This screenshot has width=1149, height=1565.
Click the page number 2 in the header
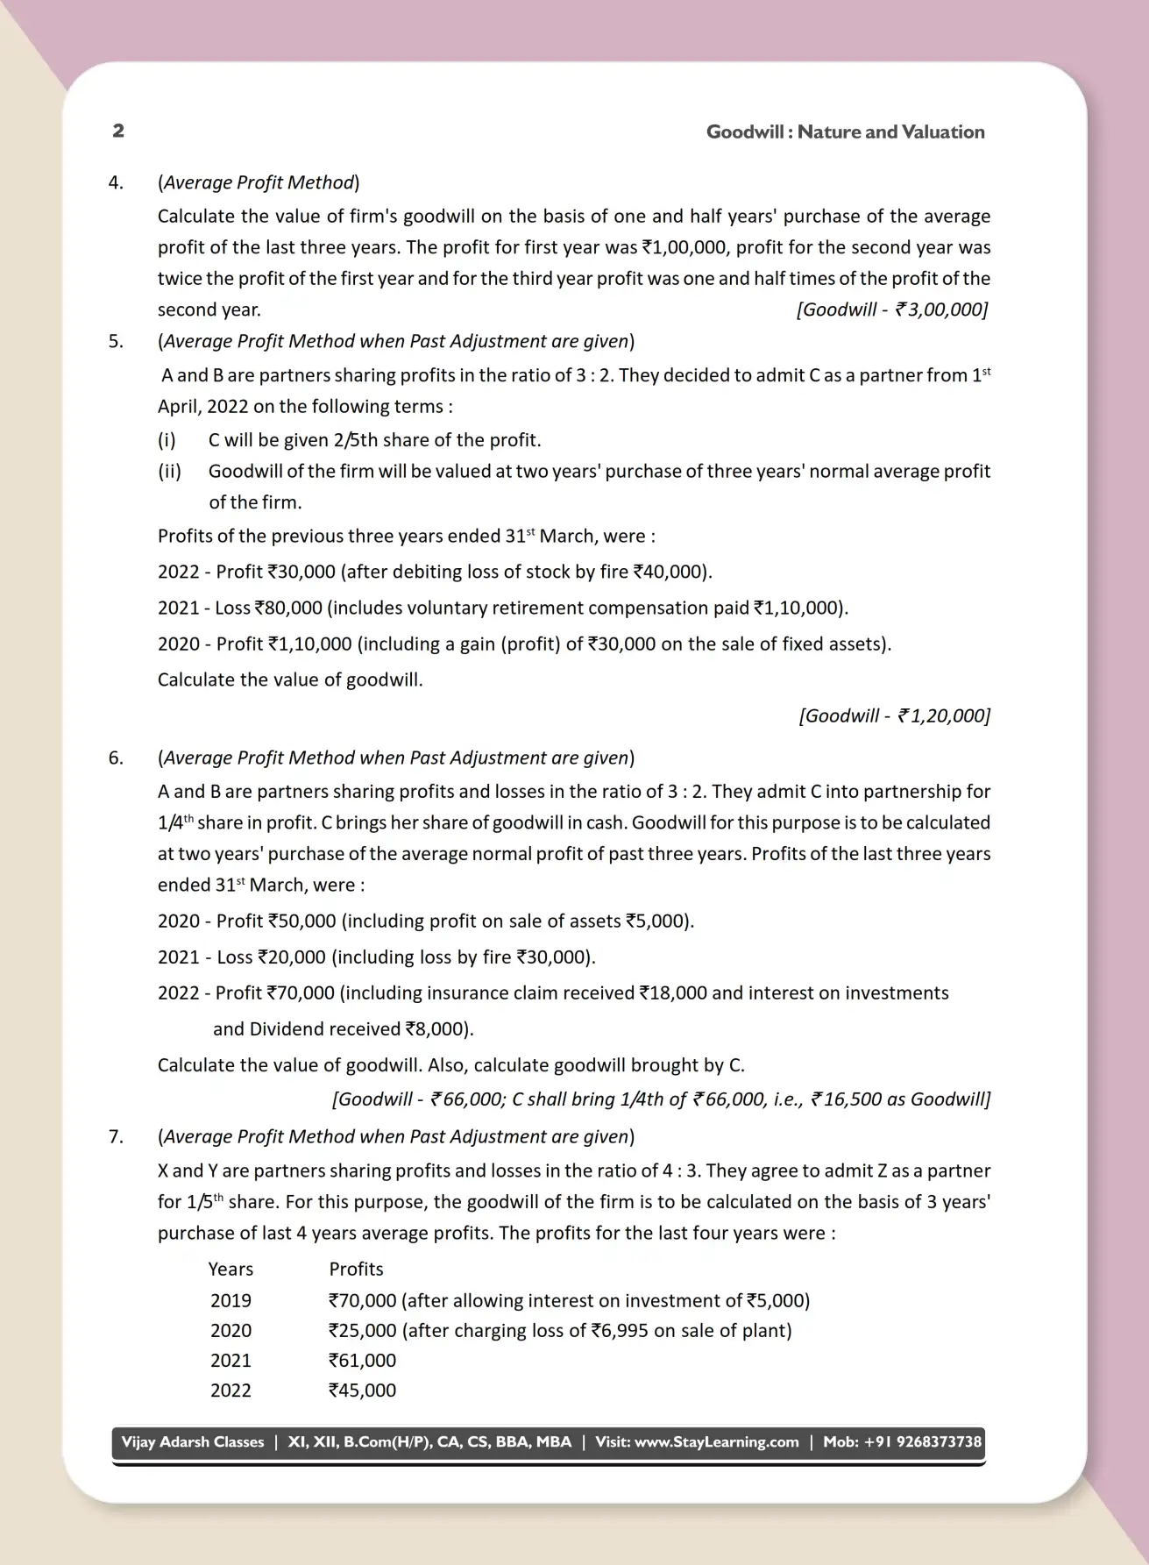coord(118,131)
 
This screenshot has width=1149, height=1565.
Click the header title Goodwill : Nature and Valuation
coord(845,132)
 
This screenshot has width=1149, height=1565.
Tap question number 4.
coord(116,182)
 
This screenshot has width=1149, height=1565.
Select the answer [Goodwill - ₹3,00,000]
coord(892,309)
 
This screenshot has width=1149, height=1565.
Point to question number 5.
coord(116,341)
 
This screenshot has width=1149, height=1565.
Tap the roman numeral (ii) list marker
coord(169,471)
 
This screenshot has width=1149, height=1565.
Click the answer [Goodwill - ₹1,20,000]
coord(894,715)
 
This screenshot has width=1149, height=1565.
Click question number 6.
coord(116,758)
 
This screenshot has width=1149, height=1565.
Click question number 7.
coord(116,1136)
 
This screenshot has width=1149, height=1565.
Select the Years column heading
coord(231,1269)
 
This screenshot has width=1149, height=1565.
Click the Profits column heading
coord(356,1269)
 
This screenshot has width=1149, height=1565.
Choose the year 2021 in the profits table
coord(231,1360)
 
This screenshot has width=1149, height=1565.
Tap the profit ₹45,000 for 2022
coord(362,1390)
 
